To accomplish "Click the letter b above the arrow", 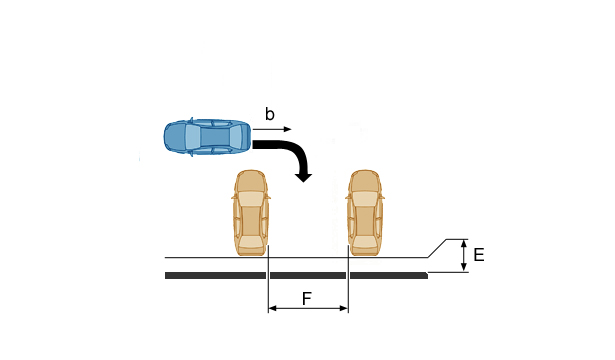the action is point(269,114).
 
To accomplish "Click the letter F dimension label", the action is point(306,299).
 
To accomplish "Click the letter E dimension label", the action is point(479,255).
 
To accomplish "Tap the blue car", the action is point(207,137).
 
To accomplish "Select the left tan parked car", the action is point(251,213).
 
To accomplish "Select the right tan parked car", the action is point(365,213).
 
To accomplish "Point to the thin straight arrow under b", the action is point(272,129).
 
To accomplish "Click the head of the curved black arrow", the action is point(303,176).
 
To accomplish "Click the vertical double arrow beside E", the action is point(464,256).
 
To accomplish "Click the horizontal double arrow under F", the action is point(308,309).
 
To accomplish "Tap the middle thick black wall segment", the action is point(308,276).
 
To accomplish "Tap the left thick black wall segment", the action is point(215,276).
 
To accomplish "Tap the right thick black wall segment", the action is point(389,276).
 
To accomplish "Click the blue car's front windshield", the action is point(236,137).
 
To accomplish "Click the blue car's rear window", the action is point(193,137).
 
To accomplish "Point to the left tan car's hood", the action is point(251,181).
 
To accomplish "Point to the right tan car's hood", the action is point(365,181).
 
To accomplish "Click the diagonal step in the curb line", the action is point(437,248).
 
